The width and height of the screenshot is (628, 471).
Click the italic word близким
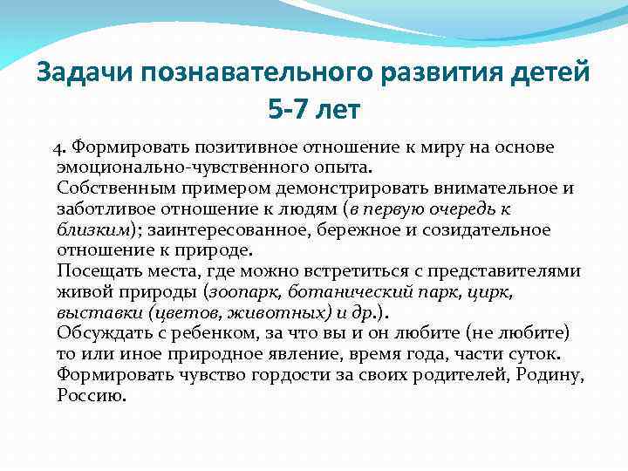point(92,229)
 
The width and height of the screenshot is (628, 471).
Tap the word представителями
point(515,271)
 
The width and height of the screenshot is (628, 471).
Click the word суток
point(536,355)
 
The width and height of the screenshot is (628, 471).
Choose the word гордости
point(277,376)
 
